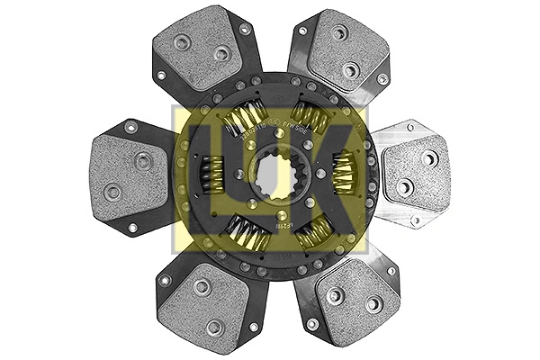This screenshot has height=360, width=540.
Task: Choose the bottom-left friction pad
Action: tap(205, 301)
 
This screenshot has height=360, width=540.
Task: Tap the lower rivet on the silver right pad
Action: tap(405, 186)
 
